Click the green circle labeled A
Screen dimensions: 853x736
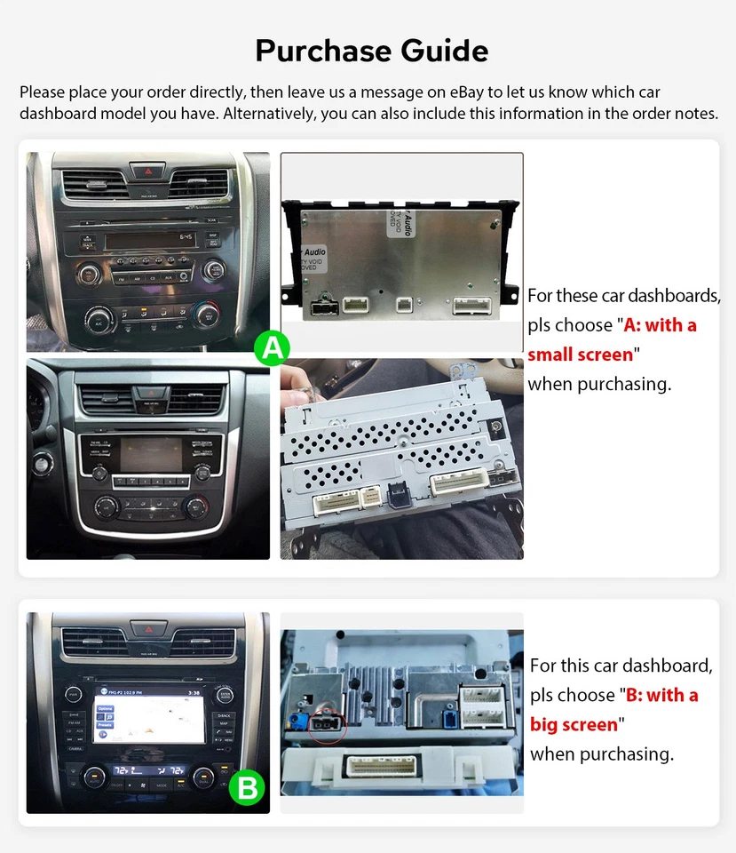pos(273,348)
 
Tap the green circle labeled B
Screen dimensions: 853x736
pos(248,786)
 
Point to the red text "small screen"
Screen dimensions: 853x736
pos(581,355)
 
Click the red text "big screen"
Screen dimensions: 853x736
pos(574,724)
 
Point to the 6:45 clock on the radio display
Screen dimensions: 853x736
pos(186,238)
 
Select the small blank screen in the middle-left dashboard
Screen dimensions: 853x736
pos(148,452)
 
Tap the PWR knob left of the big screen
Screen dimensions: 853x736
pos(74,694)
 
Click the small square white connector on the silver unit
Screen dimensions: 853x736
pos(403,304)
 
